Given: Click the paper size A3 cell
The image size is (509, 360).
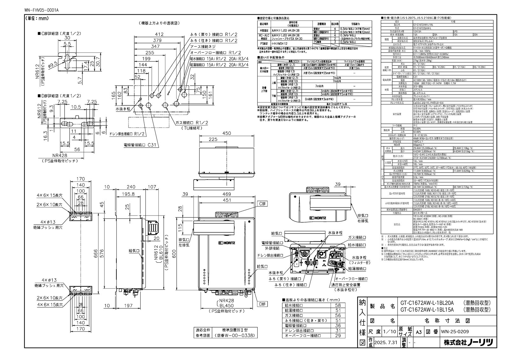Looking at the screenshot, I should click(419, 332).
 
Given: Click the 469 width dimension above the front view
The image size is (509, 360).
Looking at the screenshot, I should click(227, 194).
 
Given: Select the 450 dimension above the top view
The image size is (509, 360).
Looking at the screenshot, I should click(227, 133).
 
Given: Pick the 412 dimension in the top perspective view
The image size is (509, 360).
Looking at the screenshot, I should click(159, 34).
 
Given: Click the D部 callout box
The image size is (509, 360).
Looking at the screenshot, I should click(262, 304).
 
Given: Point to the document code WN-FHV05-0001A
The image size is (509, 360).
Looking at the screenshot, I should click(41, 10).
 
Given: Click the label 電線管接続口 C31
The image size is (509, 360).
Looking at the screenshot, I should click(140, 145).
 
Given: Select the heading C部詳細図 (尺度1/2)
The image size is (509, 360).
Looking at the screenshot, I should click(55, 33).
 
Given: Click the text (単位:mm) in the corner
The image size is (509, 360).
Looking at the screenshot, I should click(37, 18).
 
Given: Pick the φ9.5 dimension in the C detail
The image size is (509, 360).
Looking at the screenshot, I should click(53, 64).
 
